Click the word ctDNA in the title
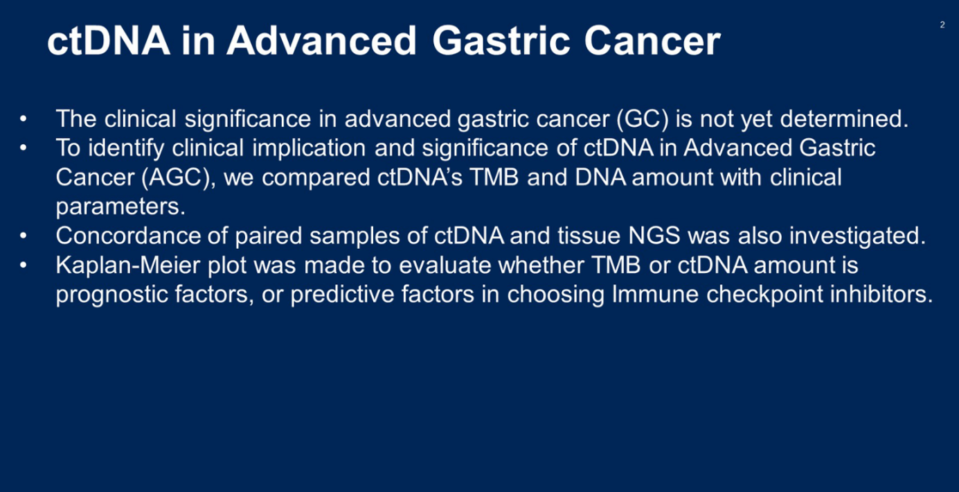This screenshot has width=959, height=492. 108,41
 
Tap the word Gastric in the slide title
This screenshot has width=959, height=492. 501,41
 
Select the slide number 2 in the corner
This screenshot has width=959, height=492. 942,25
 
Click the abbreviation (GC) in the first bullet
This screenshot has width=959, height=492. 643,119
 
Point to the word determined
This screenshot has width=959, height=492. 844,118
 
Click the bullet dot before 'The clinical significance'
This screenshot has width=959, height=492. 24,118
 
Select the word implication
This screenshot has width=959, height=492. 309,148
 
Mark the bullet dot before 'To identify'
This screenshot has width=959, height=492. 24,148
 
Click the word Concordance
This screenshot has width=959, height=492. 128,236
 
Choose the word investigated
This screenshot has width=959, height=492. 857,236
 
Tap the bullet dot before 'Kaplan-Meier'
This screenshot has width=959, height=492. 24,265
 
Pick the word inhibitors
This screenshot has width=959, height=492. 881,294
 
